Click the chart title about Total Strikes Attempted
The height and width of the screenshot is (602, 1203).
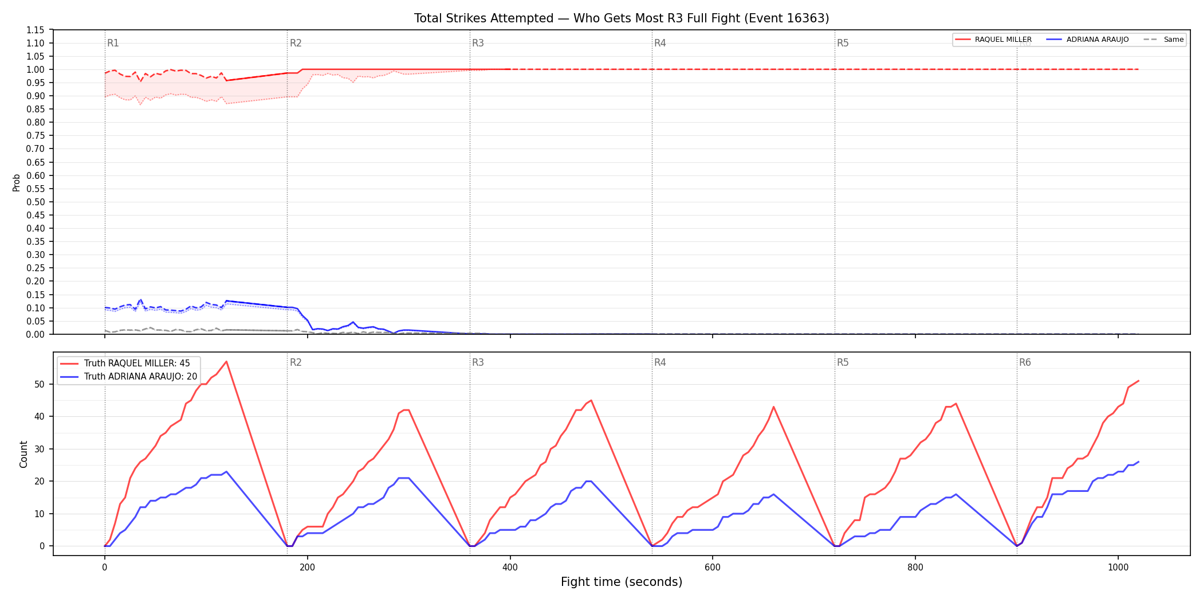[x=622, y=18]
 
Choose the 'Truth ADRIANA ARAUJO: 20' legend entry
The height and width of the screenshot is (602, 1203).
[x=128, y=377]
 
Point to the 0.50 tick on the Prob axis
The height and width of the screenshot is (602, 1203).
[x=36, y=202]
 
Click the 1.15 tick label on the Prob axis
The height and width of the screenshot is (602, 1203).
[x=36, y=30]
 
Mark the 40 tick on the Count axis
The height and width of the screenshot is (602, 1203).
[x=40, y=417]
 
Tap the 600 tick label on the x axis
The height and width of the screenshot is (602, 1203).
[x=713, y=568]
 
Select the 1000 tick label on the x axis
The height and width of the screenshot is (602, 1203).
[x=1118, y=568]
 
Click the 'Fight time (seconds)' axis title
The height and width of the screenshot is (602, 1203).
[x=622, y=582]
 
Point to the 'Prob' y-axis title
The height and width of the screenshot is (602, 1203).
[x=17, y=182]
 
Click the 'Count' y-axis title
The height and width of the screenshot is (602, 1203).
[x=23, y=454]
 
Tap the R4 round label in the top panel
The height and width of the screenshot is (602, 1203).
[x=660, y=43]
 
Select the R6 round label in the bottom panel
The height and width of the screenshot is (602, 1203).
[x=1025, y=362]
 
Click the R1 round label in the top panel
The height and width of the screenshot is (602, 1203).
[x=113, y=43]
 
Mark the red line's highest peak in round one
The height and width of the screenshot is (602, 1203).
[x=226, y=361]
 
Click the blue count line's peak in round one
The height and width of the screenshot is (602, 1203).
[x=226, y=471]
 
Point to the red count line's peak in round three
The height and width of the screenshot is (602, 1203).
[x=591, y=400]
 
